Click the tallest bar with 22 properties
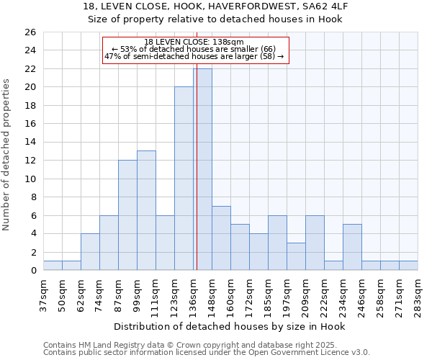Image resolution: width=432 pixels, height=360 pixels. [202, 169]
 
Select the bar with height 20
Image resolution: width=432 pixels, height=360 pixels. [184, 179]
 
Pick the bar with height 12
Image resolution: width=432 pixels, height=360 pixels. [127, 215]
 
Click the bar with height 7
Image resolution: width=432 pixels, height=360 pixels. [221, 238]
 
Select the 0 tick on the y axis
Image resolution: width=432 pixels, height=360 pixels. [32, 271]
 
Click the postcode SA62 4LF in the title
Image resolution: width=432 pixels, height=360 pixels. [322, 6]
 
